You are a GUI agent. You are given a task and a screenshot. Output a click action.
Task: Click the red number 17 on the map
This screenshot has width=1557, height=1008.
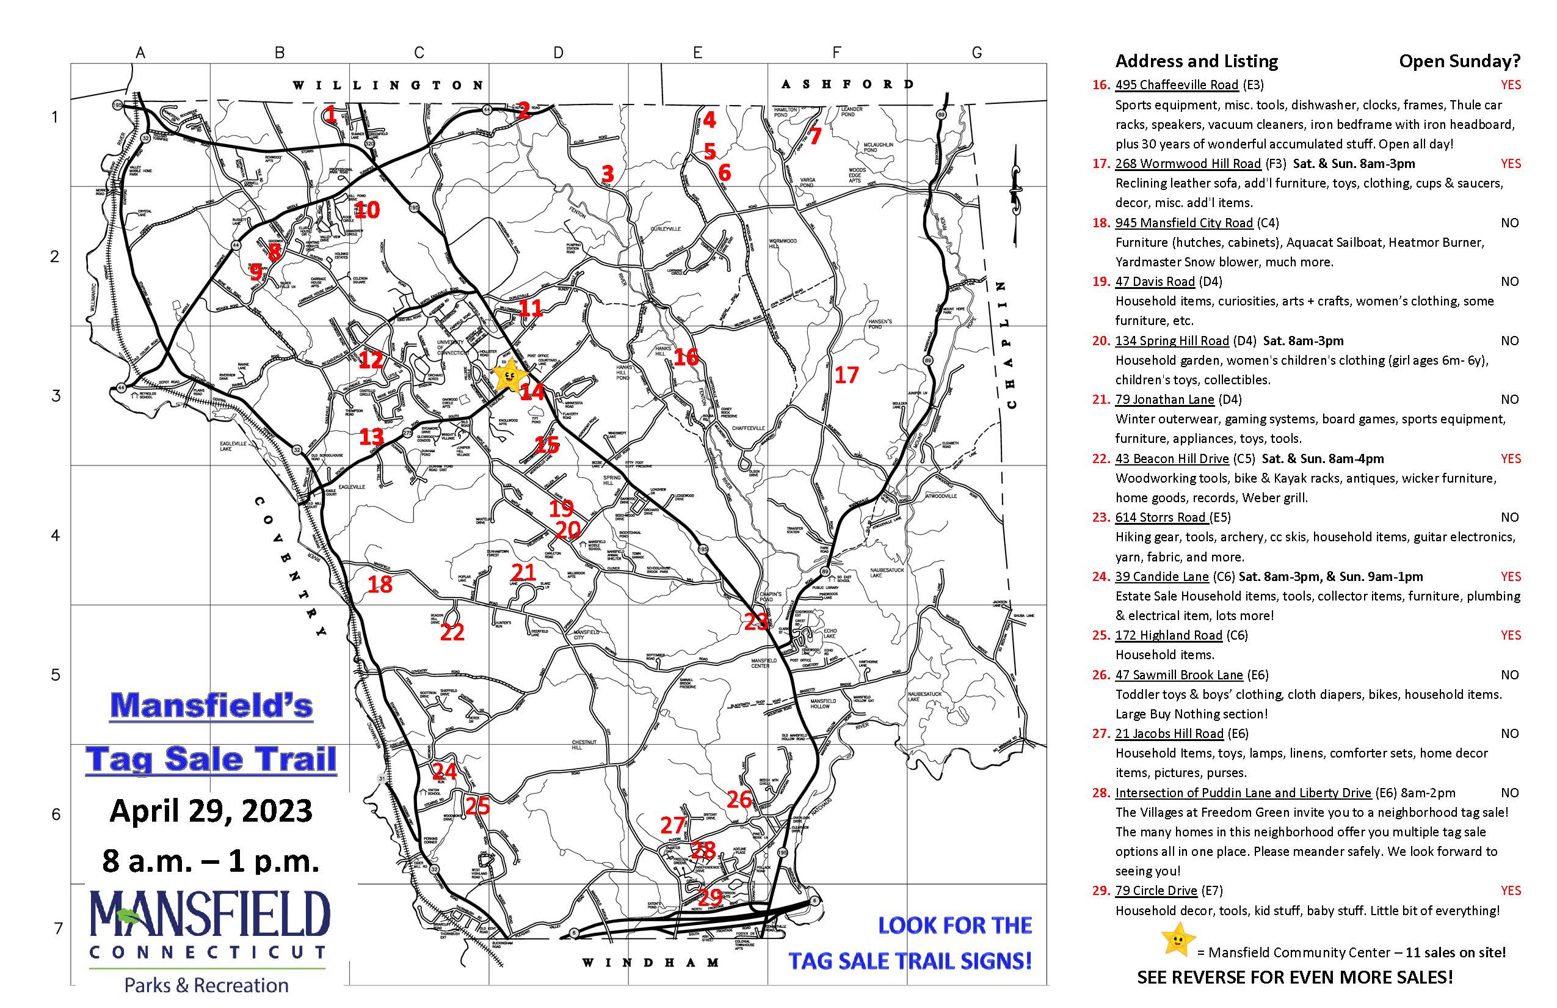pos(846,375)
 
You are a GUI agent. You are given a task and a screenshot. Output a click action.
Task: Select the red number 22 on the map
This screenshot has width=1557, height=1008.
pos(452,632)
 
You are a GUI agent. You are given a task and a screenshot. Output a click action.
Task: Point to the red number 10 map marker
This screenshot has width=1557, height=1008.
pos(366,210)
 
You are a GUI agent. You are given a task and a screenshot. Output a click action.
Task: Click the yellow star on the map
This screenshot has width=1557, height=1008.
pos(509,375)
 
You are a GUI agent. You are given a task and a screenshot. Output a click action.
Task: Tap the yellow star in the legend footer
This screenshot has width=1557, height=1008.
pos(1177,940)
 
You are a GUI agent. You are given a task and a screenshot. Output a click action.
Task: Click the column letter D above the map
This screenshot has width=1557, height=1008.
pos(558,53)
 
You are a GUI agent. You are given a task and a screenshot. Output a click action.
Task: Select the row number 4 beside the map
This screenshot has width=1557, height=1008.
pos(56,535)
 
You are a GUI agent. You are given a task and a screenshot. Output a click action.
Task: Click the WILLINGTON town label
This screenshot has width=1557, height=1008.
pos(388,85)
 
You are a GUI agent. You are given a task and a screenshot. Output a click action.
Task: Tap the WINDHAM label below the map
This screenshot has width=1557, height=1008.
pos(651,963)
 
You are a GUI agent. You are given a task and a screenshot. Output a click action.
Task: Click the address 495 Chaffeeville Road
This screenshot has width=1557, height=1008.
pos(1176,85)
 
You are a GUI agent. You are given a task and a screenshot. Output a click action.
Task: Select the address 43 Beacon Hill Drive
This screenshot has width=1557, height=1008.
pos(1172,459)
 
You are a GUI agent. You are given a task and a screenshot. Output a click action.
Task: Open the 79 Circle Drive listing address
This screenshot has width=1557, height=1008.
pos(1156,891)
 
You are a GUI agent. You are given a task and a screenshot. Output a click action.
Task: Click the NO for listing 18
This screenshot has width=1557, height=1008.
pos(1509,223)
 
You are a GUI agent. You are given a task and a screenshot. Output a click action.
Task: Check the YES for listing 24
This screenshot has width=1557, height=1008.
pos(1511,577)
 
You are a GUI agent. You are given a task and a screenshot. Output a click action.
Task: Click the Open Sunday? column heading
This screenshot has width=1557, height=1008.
pos(1459,62)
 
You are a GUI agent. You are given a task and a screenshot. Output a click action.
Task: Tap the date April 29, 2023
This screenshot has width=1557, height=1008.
pos(211,811)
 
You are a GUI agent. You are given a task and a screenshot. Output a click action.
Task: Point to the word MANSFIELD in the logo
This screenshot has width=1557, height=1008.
pos(209,915)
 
